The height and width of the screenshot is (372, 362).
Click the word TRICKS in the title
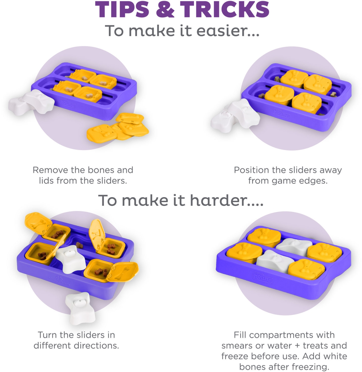(x=225, y=10)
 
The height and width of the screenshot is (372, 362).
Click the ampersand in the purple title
(x=165, y=10)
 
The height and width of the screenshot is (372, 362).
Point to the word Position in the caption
(x=251, y=170)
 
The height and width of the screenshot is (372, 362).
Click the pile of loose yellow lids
(x=118, y=127)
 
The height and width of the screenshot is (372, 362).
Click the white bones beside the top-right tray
(x=235, y=116)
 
